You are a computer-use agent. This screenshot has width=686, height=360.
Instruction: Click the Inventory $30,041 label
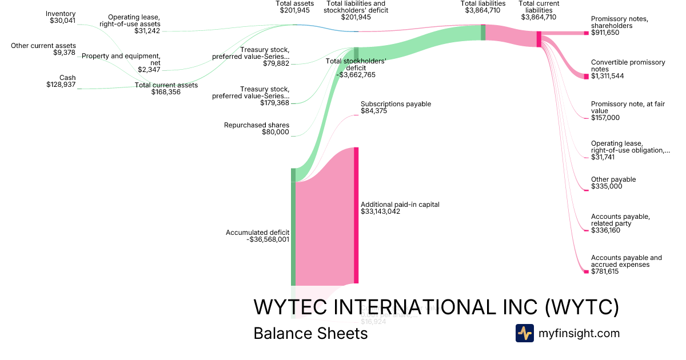pyautogui.click(x=61, y=17)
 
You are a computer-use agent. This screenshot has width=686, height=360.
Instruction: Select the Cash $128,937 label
pyautogui.click(x=61, y=81)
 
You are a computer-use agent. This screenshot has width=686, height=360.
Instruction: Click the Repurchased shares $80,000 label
pyautogui.click(x=257, y=129)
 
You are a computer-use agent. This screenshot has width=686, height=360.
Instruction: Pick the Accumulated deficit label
pyautogui.click(x=257, y=236)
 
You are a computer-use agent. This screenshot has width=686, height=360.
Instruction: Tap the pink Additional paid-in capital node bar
pyautogui.click(x=356, y=214)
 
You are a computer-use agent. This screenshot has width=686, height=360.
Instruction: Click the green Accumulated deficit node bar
pyautogui.click(x=293, y=229)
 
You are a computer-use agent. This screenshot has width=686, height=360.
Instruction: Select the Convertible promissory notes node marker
pyautogui.click(x=586, y=76)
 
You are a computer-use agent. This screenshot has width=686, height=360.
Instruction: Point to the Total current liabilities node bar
pyautogui.click(x=539, y=39)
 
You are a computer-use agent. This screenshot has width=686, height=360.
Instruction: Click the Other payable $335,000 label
pyautogui.click(x=613, y=183)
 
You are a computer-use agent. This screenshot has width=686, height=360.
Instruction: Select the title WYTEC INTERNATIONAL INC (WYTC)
pyautogui.click(x=436, y=307)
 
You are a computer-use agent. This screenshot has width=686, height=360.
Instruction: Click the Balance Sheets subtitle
pyautogui.click(x=310, y=333)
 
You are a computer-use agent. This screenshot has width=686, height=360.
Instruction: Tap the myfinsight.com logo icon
pyautogui.click(x=524, y=333)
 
